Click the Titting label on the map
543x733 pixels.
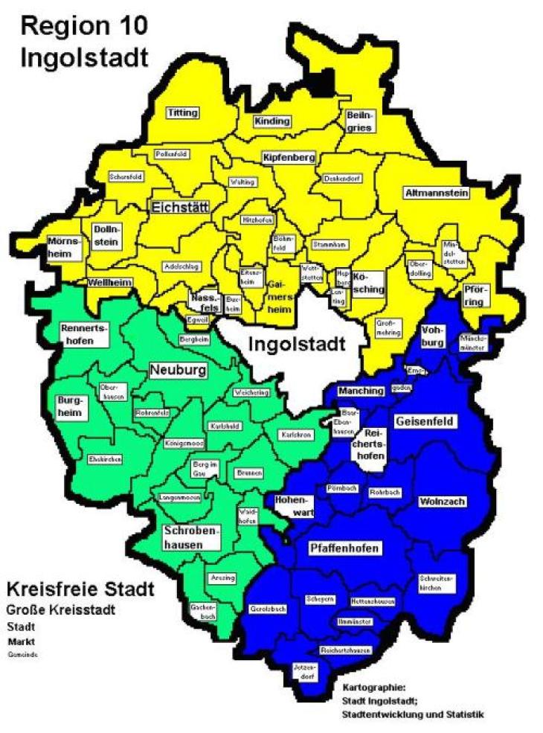(x=183, y=113)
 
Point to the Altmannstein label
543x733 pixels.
(x=437, y=193)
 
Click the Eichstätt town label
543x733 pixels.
(x=179, y=207)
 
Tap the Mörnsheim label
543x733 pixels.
(x=64, y=247)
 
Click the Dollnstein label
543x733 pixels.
(x=108, y=236)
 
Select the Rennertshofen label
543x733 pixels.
(x=84, y=334)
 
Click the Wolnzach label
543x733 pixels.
(x=441, y=502)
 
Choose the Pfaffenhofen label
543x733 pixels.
(x=344, y=548)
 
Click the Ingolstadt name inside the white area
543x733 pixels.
(x=296, y=345)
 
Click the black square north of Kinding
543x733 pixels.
(x=322, y=83)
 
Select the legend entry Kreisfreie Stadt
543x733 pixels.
(x=80, y=590)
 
